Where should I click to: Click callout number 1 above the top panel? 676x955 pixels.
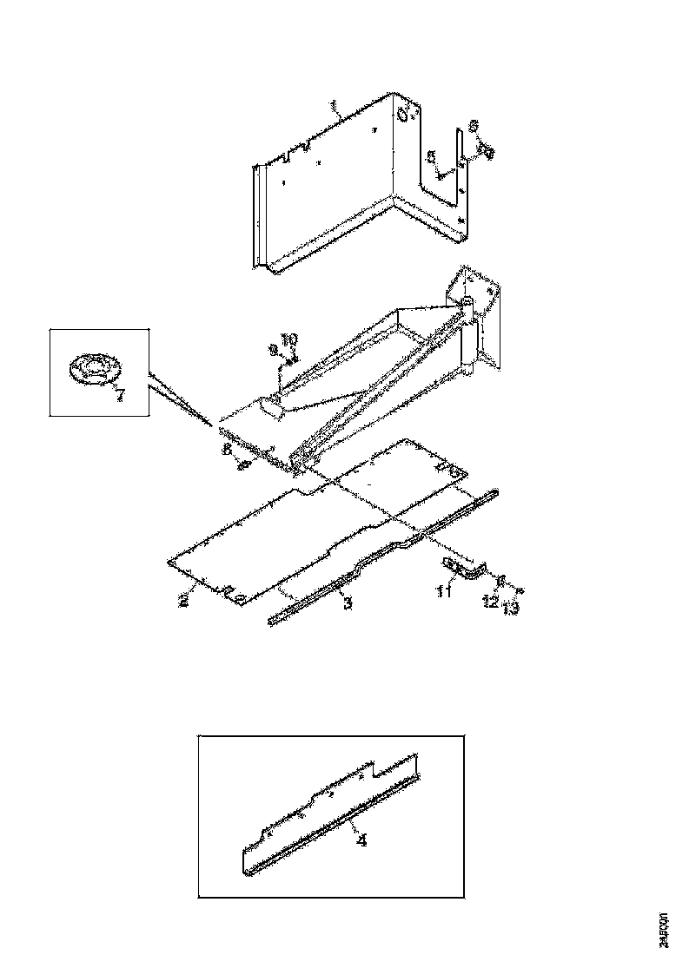coord(334,108)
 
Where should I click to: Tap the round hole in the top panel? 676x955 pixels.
coord(403,115)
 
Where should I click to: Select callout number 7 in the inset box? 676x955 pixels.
coord(119,396)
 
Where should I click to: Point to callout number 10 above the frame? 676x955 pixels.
coord(290,338)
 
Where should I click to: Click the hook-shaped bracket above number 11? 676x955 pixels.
coord(465,569)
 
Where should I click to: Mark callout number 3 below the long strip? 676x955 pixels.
coord(347,603)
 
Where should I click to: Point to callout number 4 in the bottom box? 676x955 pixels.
coord(361,840)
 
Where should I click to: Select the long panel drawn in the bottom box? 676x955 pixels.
coord(330,816)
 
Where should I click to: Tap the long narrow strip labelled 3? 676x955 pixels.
coord(382,556)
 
